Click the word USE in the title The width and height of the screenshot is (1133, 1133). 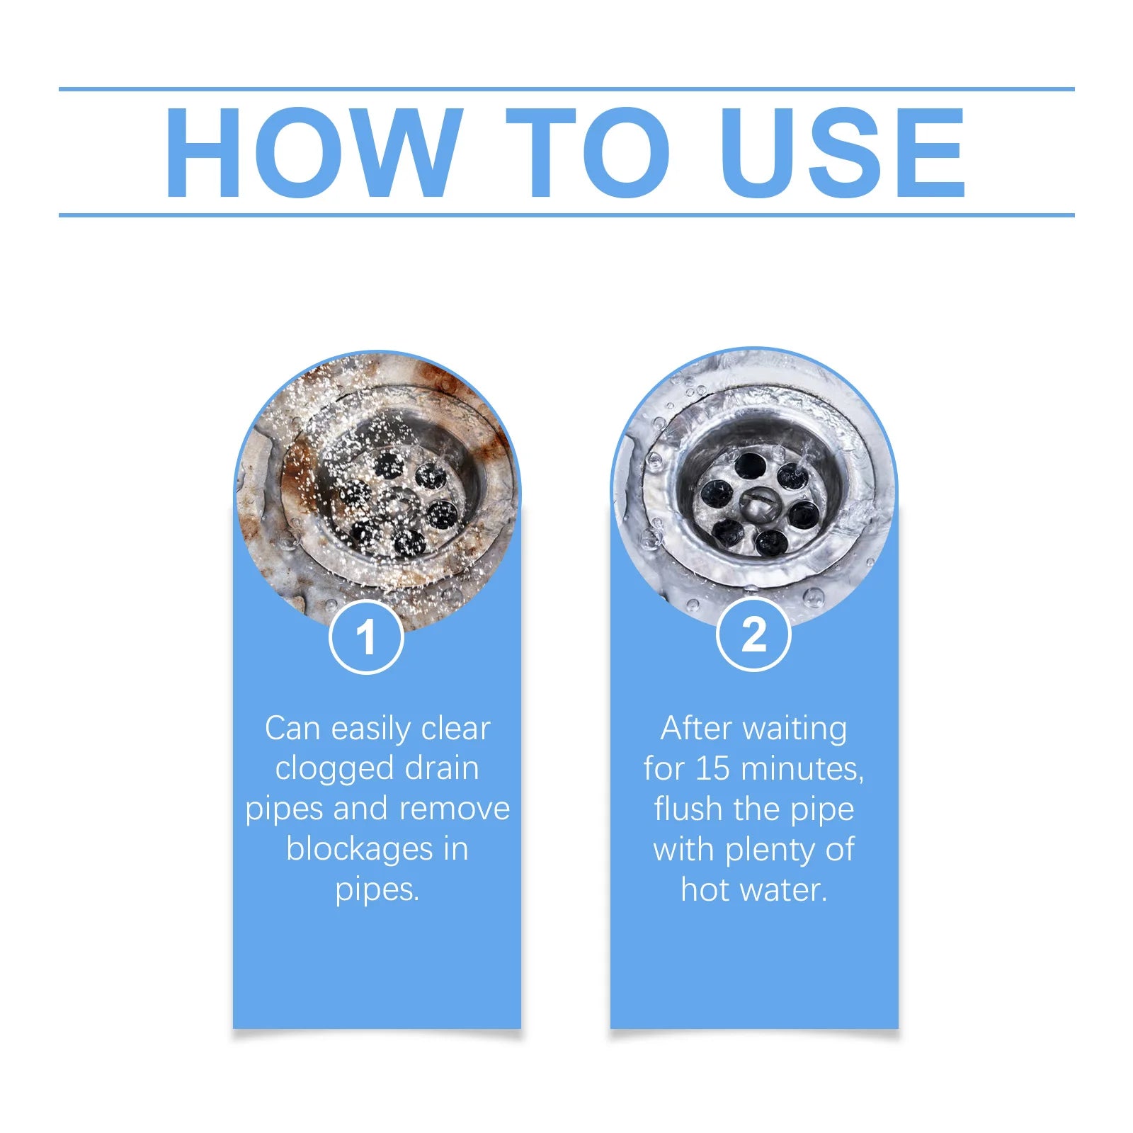tap(843, 153)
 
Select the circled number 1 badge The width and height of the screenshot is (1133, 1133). tap(366, 637)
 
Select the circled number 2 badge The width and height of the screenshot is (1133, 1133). tap(753, 634)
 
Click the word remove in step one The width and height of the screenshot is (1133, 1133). tap(454, 809)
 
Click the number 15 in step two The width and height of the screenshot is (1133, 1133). tap(712, 769)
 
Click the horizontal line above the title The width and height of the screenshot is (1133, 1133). tap(566, 89)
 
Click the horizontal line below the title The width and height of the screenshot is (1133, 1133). tap(566, 215)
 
